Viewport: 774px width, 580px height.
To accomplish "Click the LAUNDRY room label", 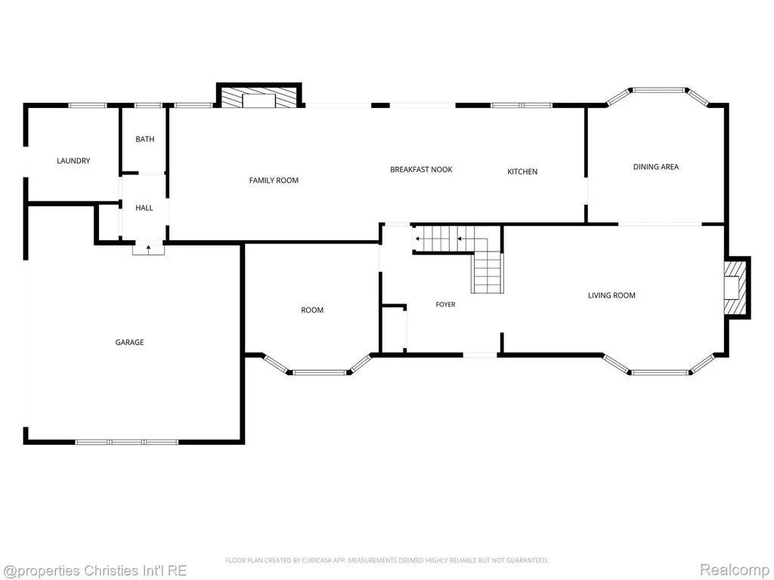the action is coord(73,161).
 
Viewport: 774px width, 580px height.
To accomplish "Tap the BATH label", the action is coord(144,139).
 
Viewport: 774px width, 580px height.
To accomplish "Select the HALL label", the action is coord(144,208).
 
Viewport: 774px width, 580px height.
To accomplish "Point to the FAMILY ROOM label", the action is coord(274,180).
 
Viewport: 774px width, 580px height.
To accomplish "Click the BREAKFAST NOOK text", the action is coord(421,170).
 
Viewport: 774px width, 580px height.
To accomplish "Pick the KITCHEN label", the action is coord(522,171).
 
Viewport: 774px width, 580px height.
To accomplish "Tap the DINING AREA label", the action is coord(655,167).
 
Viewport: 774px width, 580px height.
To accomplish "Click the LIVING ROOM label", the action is coord(611,295).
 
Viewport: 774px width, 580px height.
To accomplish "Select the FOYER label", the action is coord(445,305).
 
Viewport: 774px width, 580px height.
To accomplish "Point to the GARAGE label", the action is coord(129,342).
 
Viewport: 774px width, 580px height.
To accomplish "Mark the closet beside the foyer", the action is coord(394,329).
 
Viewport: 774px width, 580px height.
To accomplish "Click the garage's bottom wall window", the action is coord(127,442).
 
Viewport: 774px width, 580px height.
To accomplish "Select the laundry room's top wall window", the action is coord(88,105).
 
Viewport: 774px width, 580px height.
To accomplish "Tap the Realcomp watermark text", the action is coord(735,569).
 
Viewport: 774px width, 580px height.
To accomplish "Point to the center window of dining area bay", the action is coord(659,90).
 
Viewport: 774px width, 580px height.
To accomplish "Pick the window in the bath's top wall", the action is coord(148,105).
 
